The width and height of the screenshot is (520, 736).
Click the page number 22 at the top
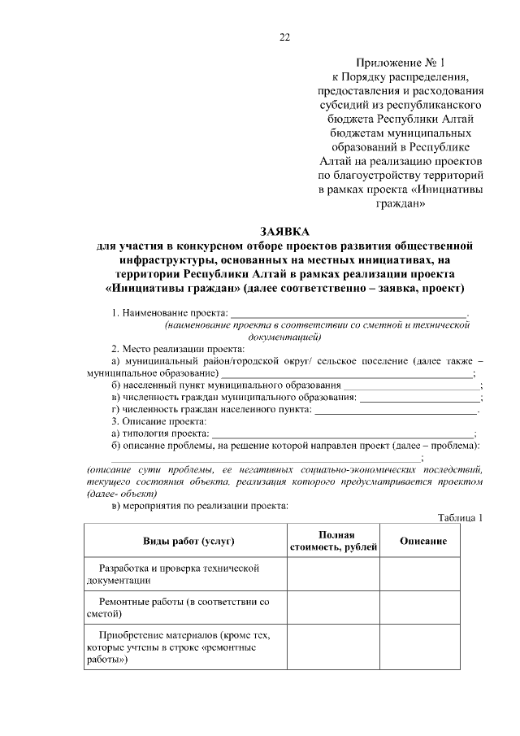pos(284,37)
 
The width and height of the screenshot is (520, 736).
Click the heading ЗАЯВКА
pos(284,231)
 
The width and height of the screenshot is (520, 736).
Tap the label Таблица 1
pos(460,518)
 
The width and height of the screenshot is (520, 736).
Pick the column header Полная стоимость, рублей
pos(335,541)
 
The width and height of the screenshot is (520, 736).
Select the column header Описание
pos(422,541)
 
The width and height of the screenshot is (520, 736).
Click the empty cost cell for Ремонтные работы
pos(335,608)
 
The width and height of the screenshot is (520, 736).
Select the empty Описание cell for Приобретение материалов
pos(422,648)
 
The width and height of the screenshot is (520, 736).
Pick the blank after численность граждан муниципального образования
pos(420,398)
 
